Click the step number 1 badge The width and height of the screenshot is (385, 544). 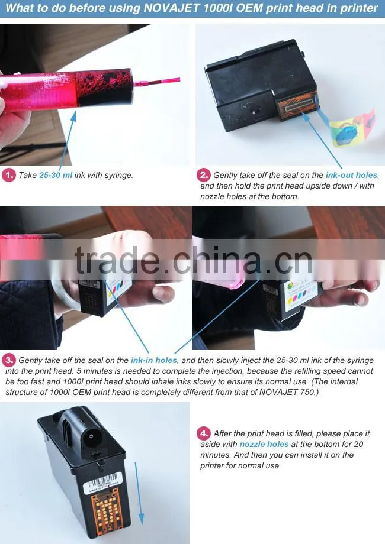point(9,175)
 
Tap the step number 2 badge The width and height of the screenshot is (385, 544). point(204,175)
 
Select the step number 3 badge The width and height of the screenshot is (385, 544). point(9,360)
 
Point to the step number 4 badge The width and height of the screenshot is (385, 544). point(204,433)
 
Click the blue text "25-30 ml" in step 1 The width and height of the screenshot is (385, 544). point(56,175)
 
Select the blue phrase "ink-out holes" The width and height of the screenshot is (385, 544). point(351,175)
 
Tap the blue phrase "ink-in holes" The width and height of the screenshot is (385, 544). point(153,360)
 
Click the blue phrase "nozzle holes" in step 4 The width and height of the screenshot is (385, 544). point(264,444)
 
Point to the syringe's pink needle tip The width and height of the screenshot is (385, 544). point(179,80)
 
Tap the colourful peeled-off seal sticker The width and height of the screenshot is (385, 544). point(352,128)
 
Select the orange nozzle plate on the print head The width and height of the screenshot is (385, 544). point(297,106)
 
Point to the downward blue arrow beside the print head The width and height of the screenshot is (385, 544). point(139,493)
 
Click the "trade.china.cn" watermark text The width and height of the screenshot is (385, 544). point(193,260)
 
